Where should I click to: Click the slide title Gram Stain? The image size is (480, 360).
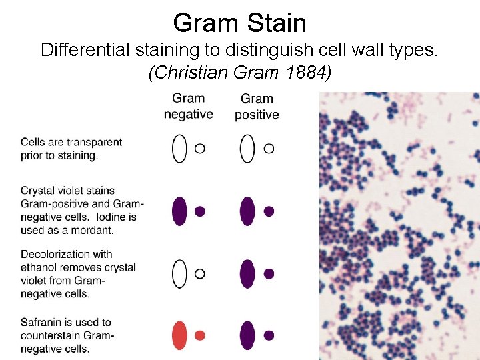click(x=239, y=23)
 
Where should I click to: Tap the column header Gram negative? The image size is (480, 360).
click(x=188, y=107)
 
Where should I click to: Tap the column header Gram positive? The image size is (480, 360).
click(x=257, y=107)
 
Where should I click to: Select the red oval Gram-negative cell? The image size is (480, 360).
click(x=179, y=335)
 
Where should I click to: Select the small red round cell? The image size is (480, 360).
click(x=199, y=335)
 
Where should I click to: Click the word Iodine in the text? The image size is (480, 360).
click(x=103, y=217)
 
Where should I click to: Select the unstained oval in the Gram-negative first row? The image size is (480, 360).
click(x=179, y=148)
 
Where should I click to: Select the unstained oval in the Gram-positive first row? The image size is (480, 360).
click(x=247, y=148)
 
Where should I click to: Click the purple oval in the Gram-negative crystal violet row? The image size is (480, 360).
click(x=179, y=211)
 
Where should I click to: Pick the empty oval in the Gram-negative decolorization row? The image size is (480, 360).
click(x=179, y=273)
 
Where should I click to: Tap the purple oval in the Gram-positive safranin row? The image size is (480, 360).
click(x=247, y=335)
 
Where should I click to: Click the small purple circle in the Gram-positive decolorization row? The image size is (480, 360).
click(x=269, y=273)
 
